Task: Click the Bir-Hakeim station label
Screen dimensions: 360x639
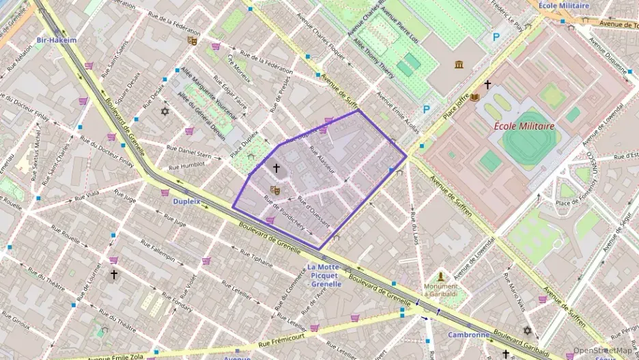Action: pyautogui.click(x=57, y=40)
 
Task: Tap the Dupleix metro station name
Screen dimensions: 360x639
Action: pyautogui.click(x=186, y=202)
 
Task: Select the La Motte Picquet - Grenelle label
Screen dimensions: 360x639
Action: pyautogui.click(x=330, y=275)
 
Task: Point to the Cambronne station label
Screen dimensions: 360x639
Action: pyautogui.click(x=468, y=335)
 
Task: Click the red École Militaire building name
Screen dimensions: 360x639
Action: pyautogui.click(x=524, y=126)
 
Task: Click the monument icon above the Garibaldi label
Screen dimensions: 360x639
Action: pyautogui.click(x=441, y=276)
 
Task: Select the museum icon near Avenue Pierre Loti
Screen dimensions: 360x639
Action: pyautogui.click(x=457, y=65)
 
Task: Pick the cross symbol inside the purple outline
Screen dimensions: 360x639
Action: pyautogui.click(x=276, y=167)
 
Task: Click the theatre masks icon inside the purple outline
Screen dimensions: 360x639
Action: pyautogui.click(x=275, y=190)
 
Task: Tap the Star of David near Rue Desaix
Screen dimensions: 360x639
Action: pyautogui.click(x=164, y=111)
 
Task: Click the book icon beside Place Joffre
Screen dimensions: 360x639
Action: pyautogui.click(x=474, y=98)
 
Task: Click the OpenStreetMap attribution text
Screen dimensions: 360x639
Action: pyautogui.click(x=602, y=350)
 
